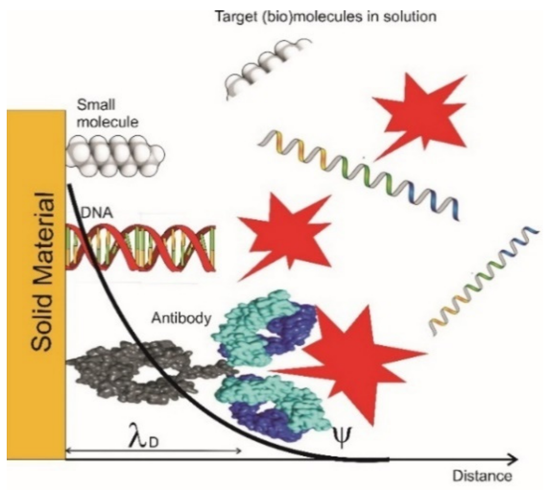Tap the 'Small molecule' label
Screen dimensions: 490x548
click(x=107, y=113)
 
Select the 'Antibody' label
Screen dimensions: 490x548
click(x=181, y=318)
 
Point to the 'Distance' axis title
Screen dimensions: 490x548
click(x=482, y=476)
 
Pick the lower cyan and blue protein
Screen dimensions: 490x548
click(x=273, y=405)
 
